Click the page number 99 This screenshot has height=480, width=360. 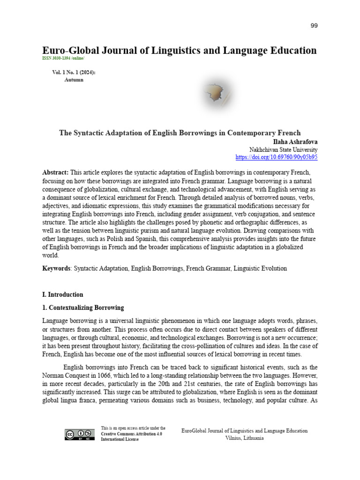[314, 25]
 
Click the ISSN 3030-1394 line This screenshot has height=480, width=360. [64, 58]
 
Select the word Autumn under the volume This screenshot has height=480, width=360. [74, 80]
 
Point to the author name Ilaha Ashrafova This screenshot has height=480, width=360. [295, 141]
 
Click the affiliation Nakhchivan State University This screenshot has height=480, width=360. [283, 149]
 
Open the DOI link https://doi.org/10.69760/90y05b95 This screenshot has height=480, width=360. [276, 157]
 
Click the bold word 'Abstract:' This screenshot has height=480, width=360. [55, 172]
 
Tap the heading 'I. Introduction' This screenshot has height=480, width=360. [62, 294]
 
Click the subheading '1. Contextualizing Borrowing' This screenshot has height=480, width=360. [83, 307]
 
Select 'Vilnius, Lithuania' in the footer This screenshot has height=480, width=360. [244, 438]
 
